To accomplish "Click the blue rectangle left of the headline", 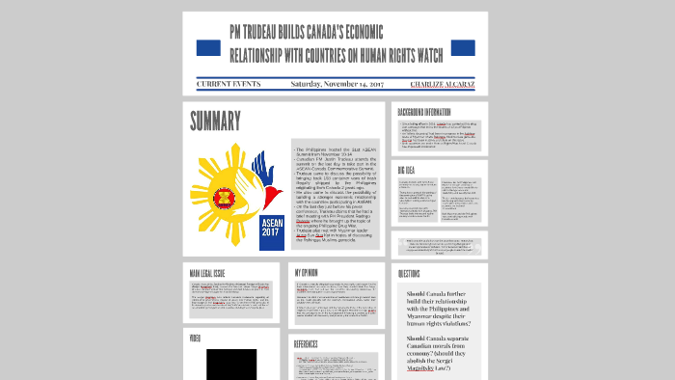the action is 208,47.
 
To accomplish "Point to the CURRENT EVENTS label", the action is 229,84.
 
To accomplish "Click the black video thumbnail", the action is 231,364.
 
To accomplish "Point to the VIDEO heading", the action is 197,339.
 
